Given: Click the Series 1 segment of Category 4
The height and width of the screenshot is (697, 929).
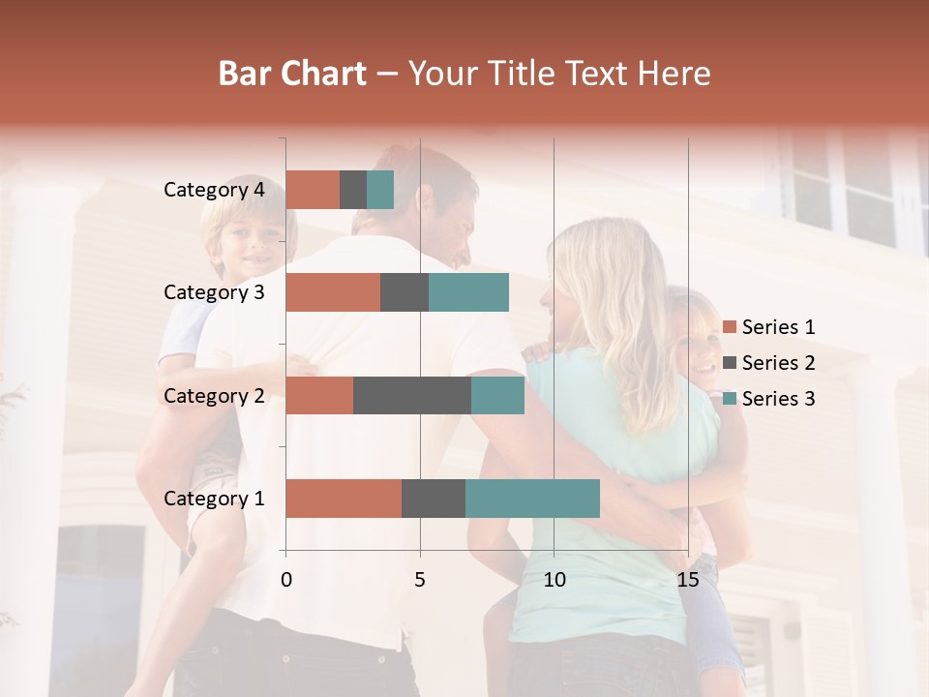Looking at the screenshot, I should coord(313,190).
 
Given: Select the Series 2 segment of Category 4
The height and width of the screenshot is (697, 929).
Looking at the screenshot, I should coord(353,190).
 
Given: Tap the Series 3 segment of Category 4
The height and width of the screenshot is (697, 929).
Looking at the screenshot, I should coord(380,190).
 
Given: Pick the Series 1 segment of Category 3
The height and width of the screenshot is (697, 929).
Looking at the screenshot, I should coord(333,292).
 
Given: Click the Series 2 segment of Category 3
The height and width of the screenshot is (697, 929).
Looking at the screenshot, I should coord(405,292).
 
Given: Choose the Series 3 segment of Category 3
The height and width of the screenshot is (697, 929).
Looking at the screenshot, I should coord(468,292).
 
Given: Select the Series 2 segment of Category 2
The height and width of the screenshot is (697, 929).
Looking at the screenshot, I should coord(412,395).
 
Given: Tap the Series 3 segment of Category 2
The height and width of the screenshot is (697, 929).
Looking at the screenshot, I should coord(497,395).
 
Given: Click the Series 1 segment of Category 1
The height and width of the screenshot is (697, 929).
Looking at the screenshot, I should coord(344,499).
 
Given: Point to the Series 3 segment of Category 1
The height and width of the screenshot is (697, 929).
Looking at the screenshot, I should coord(532,499).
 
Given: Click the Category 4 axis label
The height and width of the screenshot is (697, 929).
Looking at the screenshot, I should coord(214,190).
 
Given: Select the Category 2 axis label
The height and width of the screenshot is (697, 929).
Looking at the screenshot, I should coord(214,396).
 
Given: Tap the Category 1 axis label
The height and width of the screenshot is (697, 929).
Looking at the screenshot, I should coord(214,499).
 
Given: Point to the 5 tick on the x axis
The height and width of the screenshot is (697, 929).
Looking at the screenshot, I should coord(420,580).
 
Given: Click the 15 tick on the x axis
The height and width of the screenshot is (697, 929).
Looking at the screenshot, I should coord(688,580).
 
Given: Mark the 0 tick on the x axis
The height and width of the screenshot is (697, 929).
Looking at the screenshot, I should coord(286,580).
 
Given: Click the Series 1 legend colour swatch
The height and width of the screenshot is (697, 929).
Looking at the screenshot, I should coord(730,327).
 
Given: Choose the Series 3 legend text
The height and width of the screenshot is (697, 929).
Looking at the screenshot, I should coord(778,399).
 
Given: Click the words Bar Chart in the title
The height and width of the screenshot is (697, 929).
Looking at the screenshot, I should coord(292,74).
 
